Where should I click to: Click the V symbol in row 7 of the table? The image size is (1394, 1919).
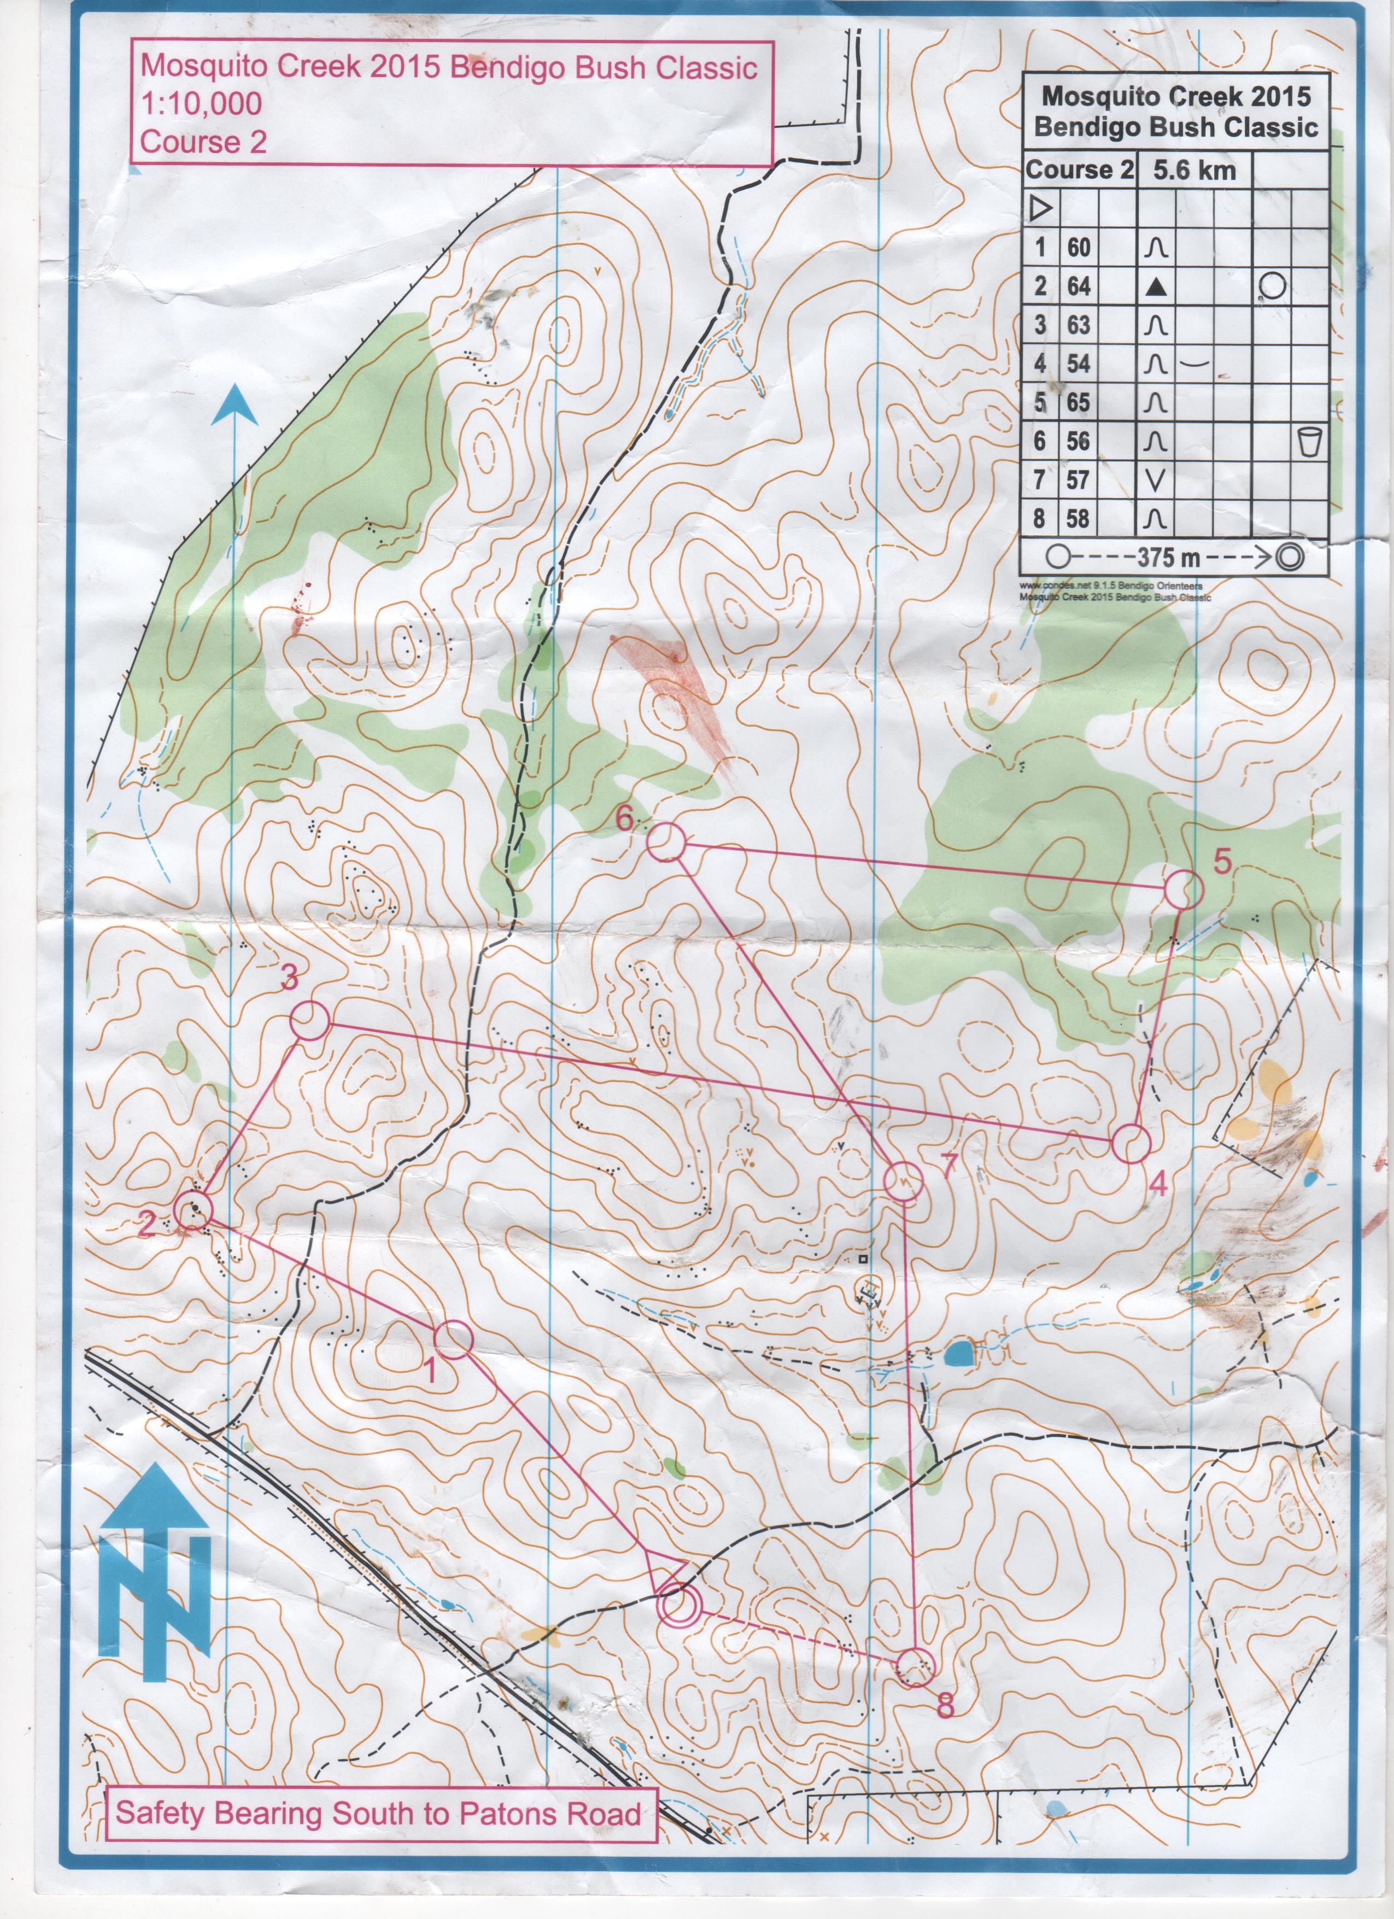click(x=1156, y=480)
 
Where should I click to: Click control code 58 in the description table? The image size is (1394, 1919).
click(x=1079, y=518)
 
